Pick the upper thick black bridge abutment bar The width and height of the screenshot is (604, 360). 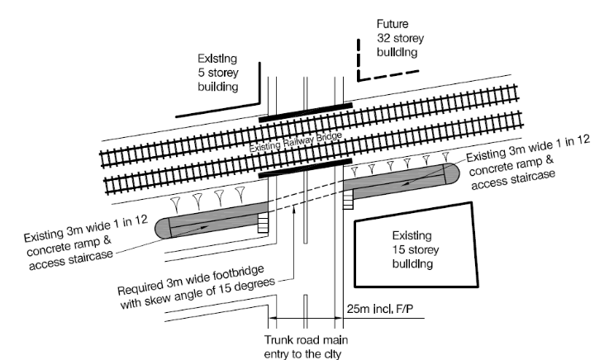[x=305, y=113]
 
